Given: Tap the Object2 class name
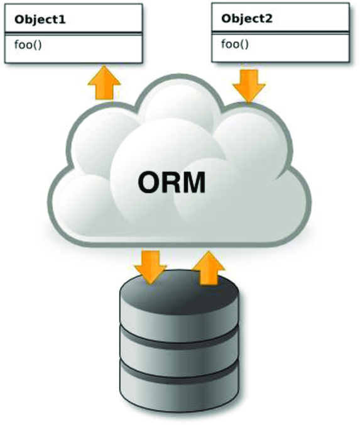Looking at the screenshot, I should pyautogui.click(x=248, y=18).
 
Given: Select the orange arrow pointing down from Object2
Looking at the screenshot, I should pyautogui.click(x=249, y=84).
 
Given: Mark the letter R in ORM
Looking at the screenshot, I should pyautogui.click(x=170, y=182).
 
